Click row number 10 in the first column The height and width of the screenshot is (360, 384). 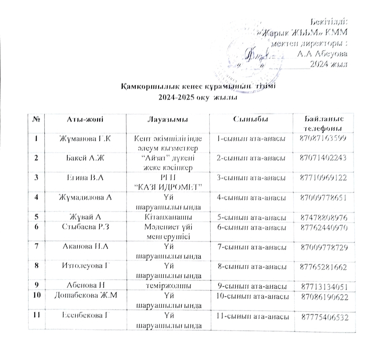point(37,296)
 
